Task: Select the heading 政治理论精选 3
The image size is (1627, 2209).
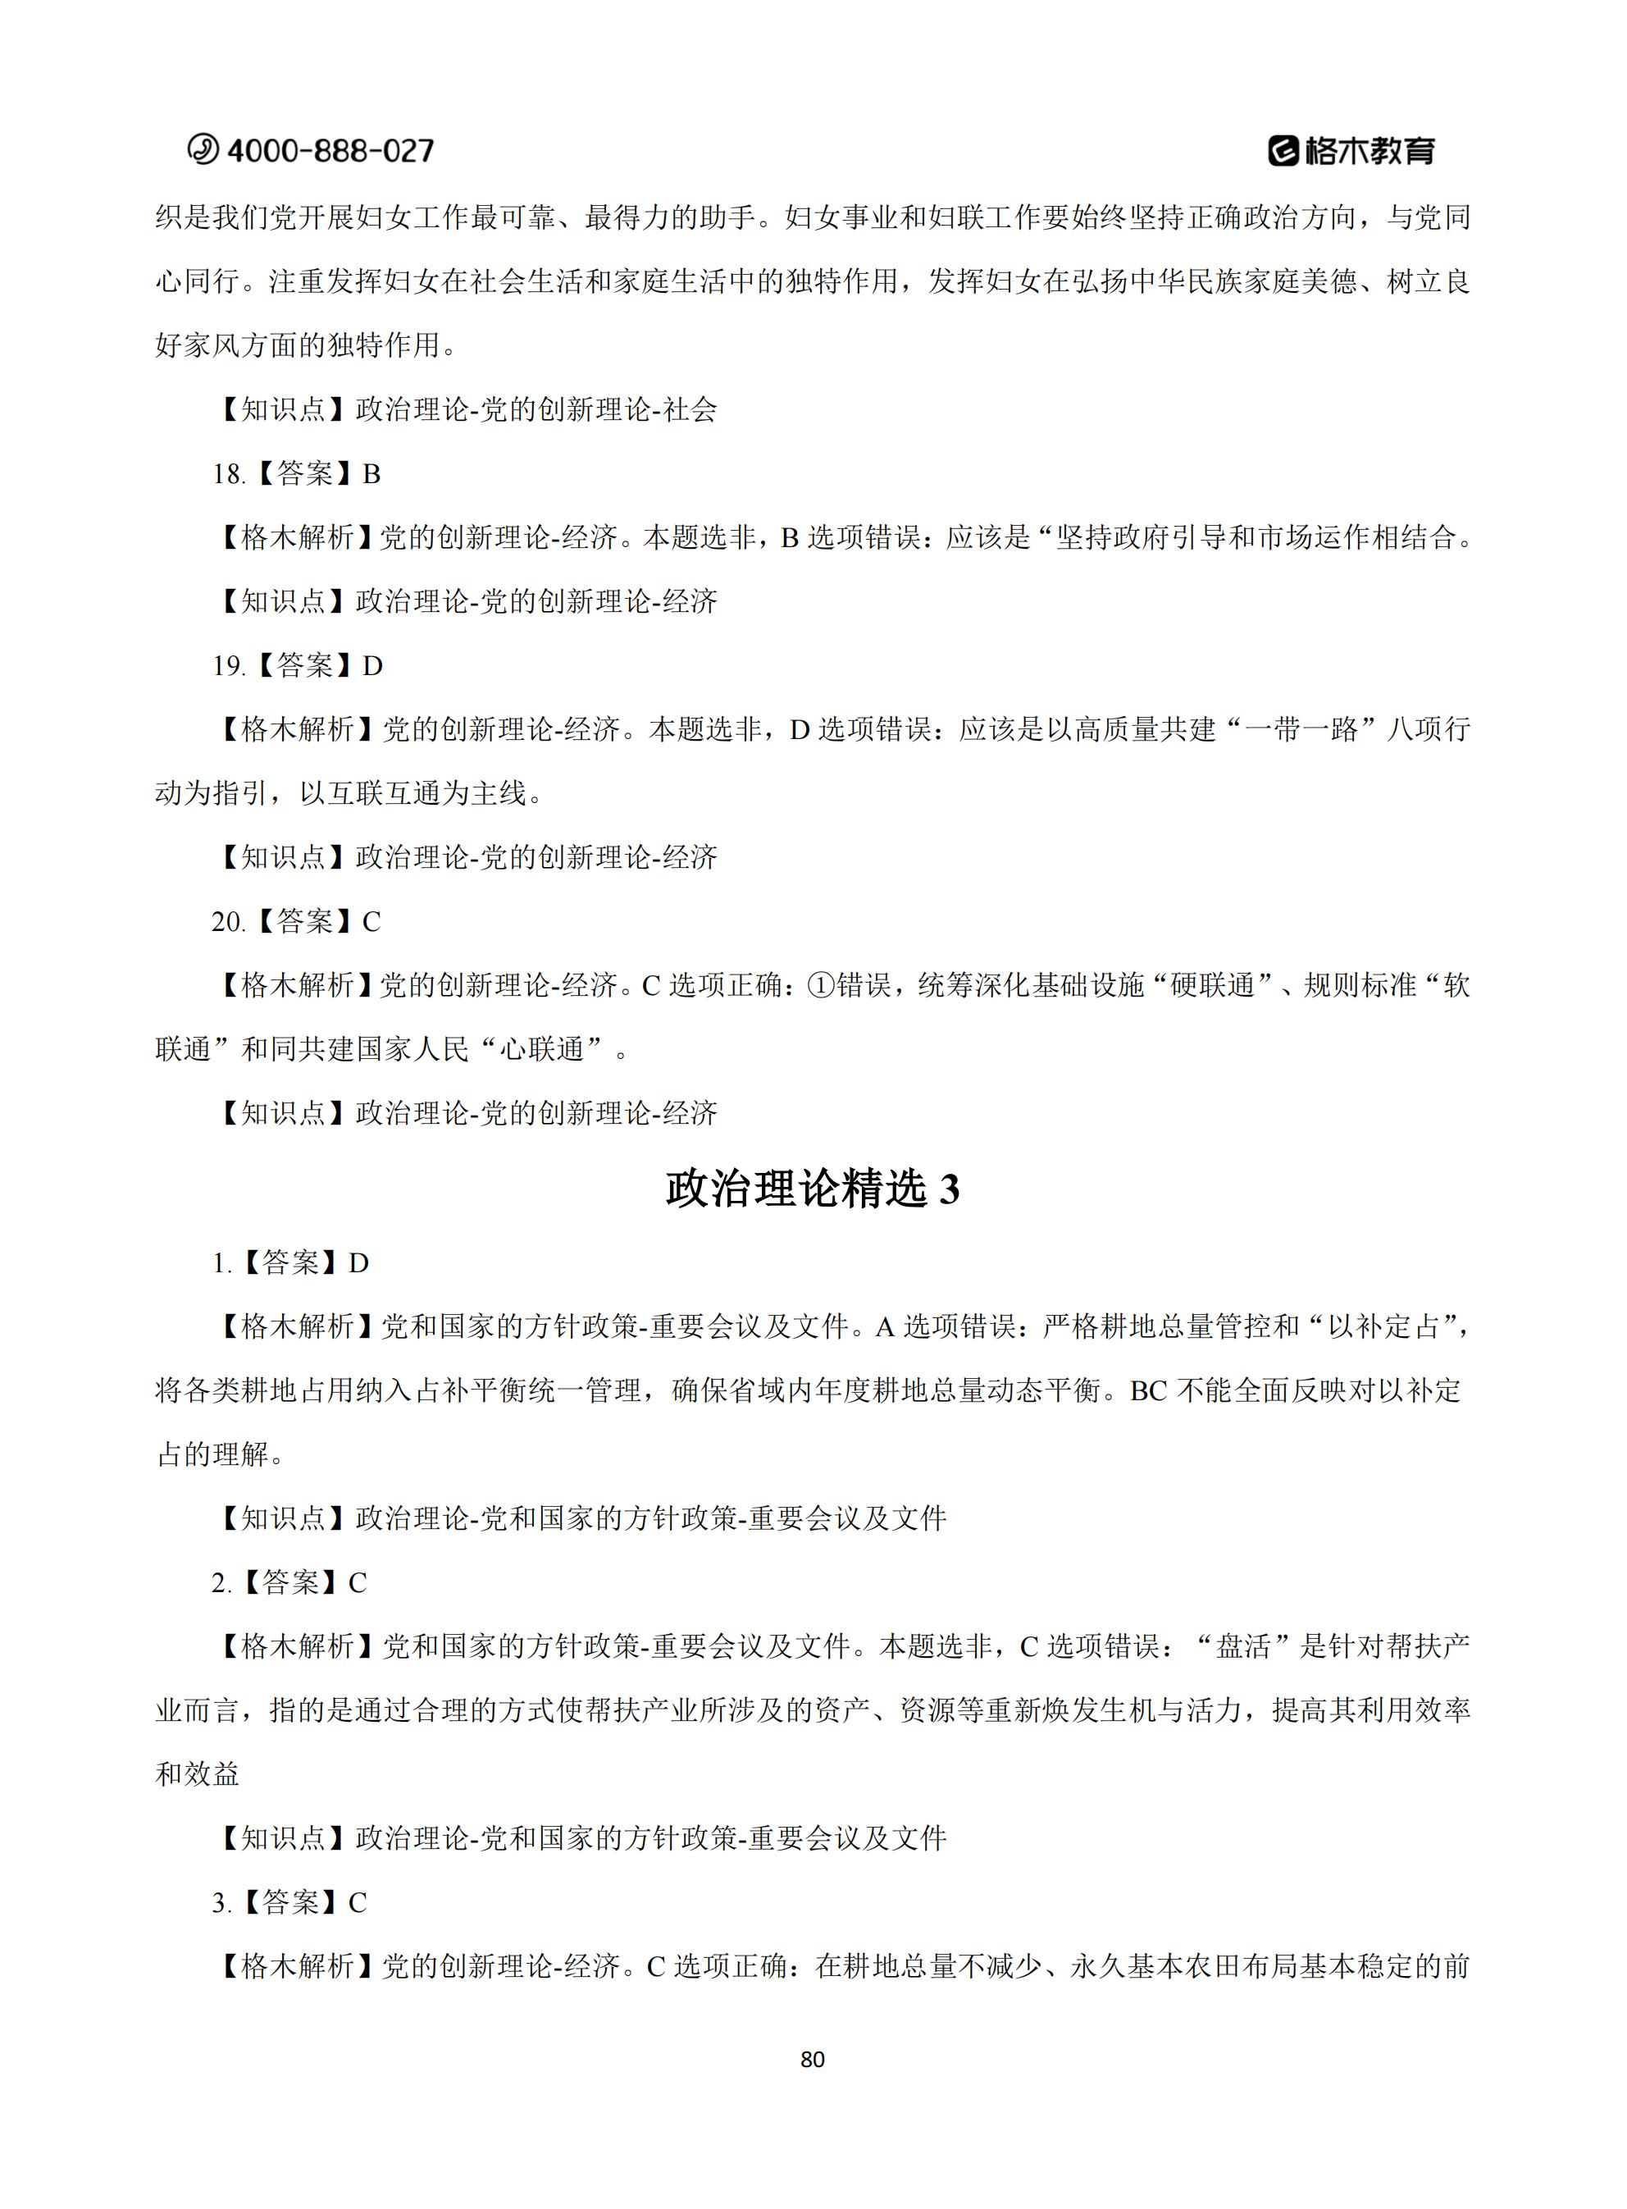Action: [x=813, y=1189]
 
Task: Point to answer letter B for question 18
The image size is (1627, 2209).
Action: [x=371, y=475]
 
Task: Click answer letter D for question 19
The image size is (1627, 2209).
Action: [x=372, y=667]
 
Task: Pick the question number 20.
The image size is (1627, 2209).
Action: [x=227, y=922]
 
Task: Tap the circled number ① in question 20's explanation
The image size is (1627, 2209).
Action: [x=820, y=986]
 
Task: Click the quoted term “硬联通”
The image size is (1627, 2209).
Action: [x=1211, y=986]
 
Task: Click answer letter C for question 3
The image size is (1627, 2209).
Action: [x=358, y=1903]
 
